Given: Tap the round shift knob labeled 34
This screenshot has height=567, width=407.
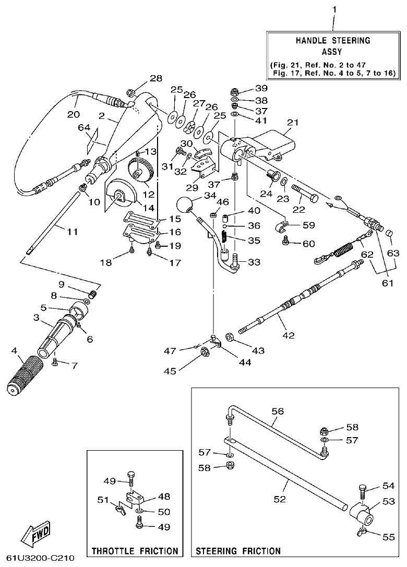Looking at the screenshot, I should pos(184,205).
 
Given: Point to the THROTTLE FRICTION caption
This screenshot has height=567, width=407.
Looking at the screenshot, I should pos(135,550).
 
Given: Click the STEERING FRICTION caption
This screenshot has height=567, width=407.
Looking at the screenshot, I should pos(238,550).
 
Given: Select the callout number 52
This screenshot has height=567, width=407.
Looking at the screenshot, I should pos(280,499).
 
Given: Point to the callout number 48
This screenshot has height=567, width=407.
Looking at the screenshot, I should pos(164,497).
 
